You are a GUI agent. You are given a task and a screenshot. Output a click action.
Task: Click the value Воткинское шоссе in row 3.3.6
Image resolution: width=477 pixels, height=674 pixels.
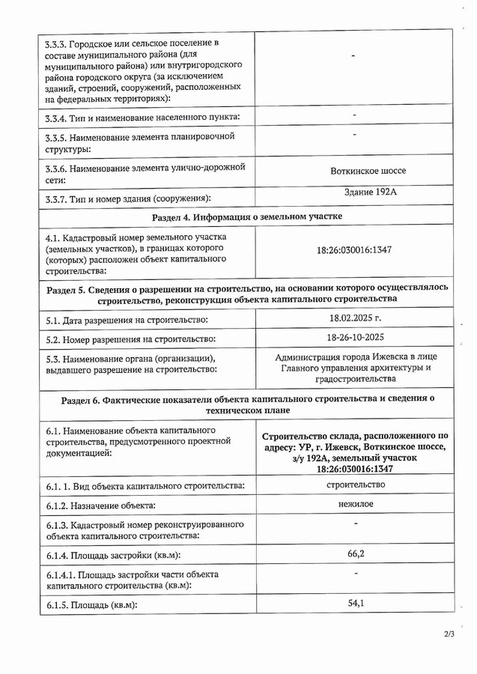368,171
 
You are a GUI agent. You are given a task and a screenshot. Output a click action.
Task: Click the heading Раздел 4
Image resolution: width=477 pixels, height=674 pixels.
247,216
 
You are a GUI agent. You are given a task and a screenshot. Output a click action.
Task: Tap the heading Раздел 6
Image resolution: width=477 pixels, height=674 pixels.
247,404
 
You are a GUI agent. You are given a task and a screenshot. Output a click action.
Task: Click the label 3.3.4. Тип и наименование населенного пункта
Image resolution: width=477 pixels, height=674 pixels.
142,117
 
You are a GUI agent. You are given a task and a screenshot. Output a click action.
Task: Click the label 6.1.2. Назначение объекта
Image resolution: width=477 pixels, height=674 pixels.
100,507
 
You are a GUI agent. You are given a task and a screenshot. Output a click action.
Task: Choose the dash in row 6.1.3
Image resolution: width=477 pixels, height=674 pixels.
356,523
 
